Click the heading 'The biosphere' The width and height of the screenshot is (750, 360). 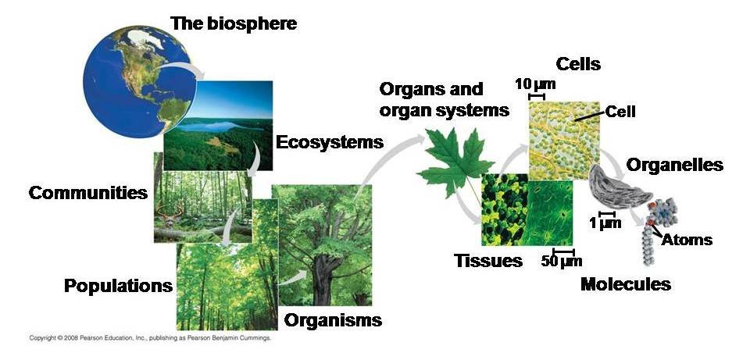[234, 23]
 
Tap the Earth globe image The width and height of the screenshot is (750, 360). [140, 81]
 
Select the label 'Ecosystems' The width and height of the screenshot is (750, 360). [330, 142]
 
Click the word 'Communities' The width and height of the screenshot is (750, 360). [88, 193]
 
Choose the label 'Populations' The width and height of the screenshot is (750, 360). [118, 285]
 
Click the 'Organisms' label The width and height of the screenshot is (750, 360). [333, 320]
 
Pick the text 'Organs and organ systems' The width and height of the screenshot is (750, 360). [444, 99]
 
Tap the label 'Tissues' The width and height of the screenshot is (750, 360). [487, 261]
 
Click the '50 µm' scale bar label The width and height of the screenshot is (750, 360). [562, 262]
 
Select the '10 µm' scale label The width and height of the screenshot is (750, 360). [535, 84]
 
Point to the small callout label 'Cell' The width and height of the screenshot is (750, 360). [620, 112]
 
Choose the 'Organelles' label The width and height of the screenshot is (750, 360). [674, 165]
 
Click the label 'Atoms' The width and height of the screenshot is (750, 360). [687, 239]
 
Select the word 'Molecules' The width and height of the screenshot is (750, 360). [626, 284]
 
